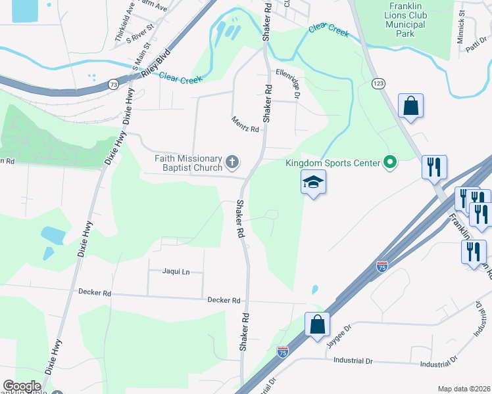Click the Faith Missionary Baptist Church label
pyautogui.click(x=189, y=162)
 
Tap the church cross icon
pyautogui.click(x=232, y=162)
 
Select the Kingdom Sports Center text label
pyautogui.click(x=333, y=163)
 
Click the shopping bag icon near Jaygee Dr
pyautogui.click(x=317, y=324)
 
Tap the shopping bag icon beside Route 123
pyautogui.click(x=410, y=106)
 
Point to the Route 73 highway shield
pyautogui.click(x=113, y=85)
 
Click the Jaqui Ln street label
pyautogui.click(x=176, y=271)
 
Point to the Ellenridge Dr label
pyautogui.click(x=288, y=84)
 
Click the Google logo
pyautogui.click(x=22, y=386)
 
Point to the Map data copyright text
pyautogui.click(x=464, y=389)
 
